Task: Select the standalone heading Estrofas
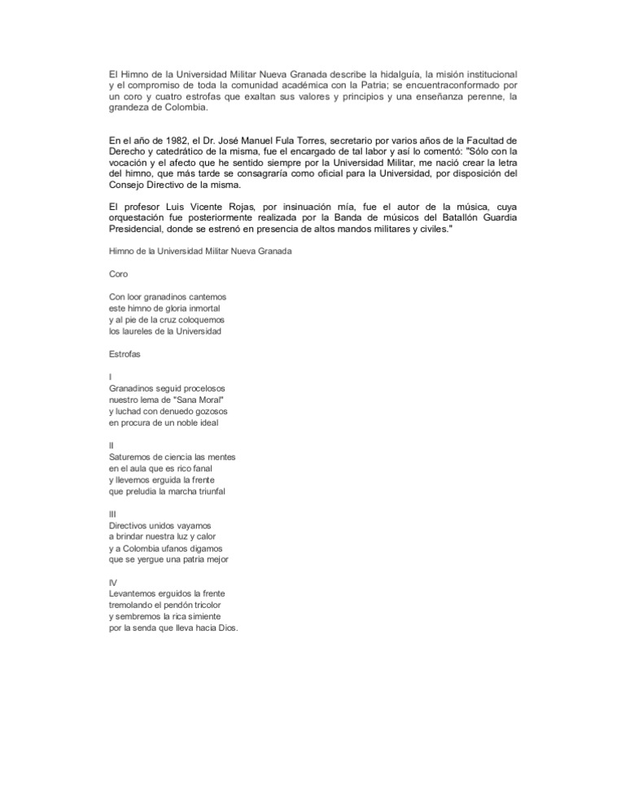tap(127, 354)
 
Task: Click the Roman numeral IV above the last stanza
tap(113, 583)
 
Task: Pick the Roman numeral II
tap(111, 446)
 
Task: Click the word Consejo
tap(129, 186)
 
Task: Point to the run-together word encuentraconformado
tap(431, 85)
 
